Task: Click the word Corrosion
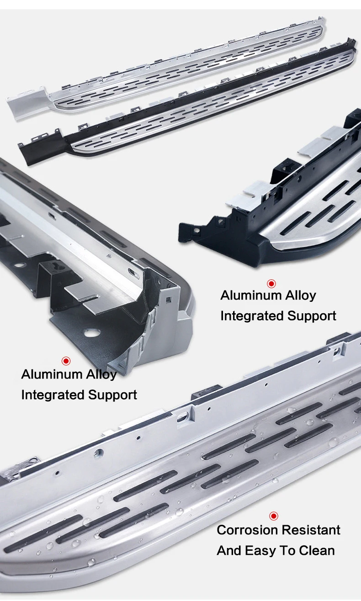[247, 530]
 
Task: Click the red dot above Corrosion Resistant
[274, 516]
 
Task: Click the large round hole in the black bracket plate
[92, 333]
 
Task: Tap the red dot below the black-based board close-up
[271, 284]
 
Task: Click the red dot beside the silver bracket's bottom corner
[66, 361]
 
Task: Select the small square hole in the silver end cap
[169, 299]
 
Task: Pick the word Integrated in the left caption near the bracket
[53, 395]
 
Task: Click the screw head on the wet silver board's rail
[99, 453]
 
